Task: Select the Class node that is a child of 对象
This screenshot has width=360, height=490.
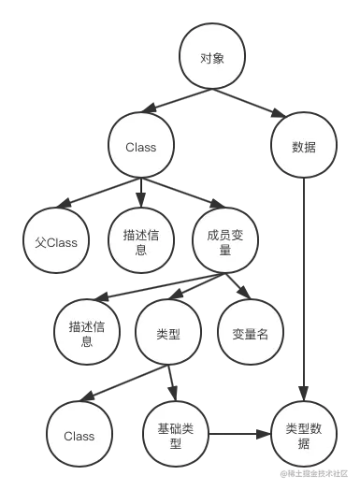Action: coord(140,148)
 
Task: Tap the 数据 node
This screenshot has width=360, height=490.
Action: coord(303,148)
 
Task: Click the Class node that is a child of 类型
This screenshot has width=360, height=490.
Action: coord(79,435)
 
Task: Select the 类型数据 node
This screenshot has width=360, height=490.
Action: coord(303,435)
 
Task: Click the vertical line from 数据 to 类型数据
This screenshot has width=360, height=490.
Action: coord(303,290)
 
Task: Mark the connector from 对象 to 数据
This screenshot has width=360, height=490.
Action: coord(260,106)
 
